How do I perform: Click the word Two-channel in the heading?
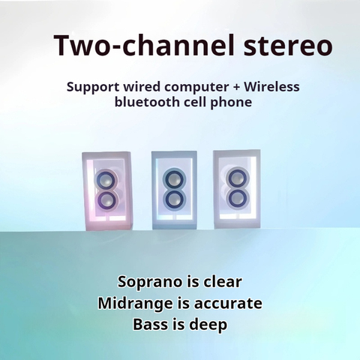tap(145, 45)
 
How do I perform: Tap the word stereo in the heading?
tap(288, 46)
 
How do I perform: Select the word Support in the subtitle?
tap(93, 88)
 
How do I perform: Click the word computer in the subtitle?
tap(196, 88)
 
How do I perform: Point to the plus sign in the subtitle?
tap(236, 87)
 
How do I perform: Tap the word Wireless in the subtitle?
tap(271, 86)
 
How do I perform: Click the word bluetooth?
tap(146, 102)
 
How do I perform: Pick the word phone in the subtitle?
tap(231, 103)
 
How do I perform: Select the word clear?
tap(223, 282)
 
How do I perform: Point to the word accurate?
tap(228, 304)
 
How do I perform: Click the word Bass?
tap(150, 325)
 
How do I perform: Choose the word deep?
tap(208, 325)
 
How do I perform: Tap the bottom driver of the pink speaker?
tap(106, 200)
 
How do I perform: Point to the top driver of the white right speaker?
tap(238, 178)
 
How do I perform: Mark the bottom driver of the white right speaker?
tap(238, 199)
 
